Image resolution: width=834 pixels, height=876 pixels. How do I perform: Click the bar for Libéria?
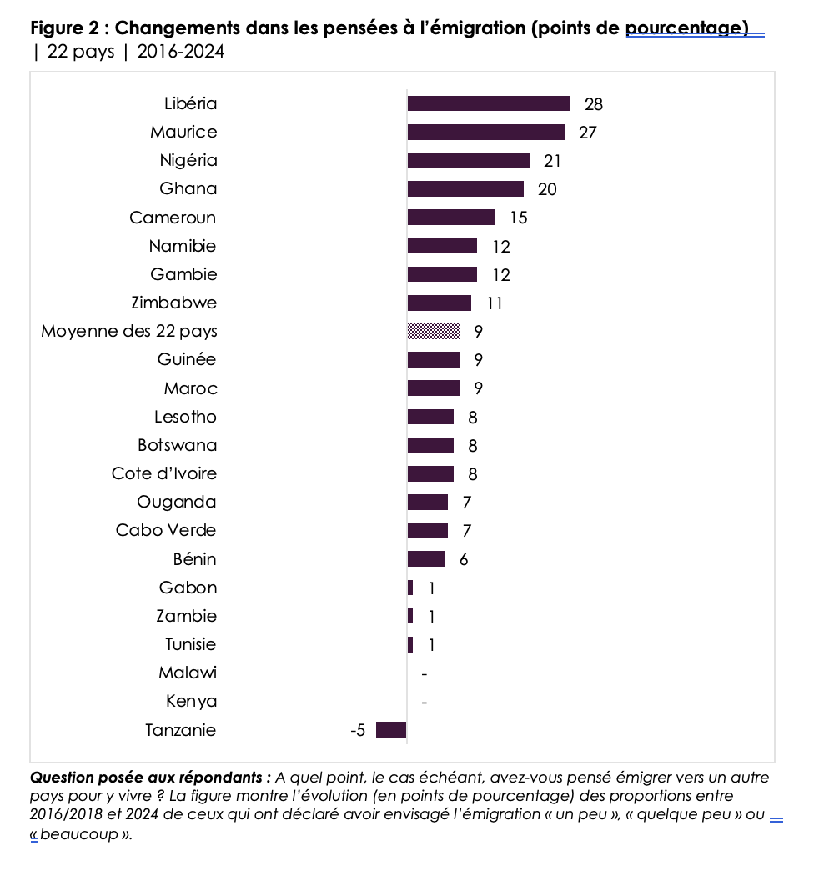(x=489, y=103)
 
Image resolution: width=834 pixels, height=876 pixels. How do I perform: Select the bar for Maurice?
(x=485, y=132)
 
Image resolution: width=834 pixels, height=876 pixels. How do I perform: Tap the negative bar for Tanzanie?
(x=391, y=730)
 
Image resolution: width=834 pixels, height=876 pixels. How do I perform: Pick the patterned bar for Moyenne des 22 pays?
(x=434, y=331)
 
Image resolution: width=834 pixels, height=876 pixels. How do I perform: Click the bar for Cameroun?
(x=451, y=218)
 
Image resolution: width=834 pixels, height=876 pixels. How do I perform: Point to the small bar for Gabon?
(x=410, y=588)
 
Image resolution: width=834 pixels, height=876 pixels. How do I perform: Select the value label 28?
(x=594, y=104)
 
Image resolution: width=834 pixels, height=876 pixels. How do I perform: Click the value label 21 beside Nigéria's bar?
(x=552, y=161)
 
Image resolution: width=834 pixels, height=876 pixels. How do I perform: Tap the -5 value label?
(x=357, y=731)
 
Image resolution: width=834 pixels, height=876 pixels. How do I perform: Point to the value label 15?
(x=519, y=218)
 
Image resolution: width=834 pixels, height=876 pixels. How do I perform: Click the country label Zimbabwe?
(x=174, y=303)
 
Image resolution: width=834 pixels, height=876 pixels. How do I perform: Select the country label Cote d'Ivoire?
(x=164, y=473)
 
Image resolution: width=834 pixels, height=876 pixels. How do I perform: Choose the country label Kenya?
(x=192, y=701)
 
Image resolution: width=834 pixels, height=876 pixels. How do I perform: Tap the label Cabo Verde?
(x=166, y=530)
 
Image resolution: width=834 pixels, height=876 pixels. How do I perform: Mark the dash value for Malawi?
(x=425, y=673)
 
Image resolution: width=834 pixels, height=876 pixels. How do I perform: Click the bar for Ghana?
(x=465, y=189)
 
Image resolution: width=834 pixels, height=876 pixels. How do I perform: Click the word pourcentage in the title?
(x=686, y=28)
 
